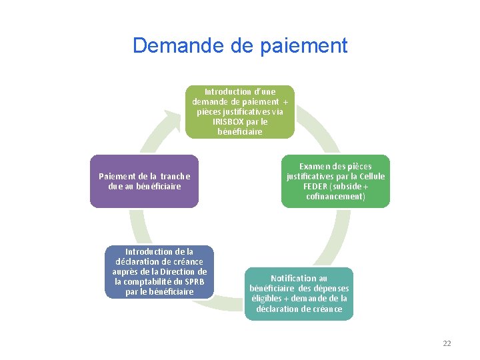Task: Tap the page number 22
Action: [447, 343]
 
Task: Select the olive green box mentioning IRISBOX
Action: [239, 111]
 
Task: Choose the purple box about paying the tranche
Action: [144, 181]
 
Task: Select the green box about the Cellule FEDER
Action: [336, 181]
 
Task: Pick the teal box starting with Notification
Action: [299, 293]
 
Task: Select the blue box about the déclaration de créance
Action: [159, 271]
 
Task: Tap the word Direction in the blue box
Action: [189, 271]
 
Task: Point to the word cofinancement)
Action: [336, 196]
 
